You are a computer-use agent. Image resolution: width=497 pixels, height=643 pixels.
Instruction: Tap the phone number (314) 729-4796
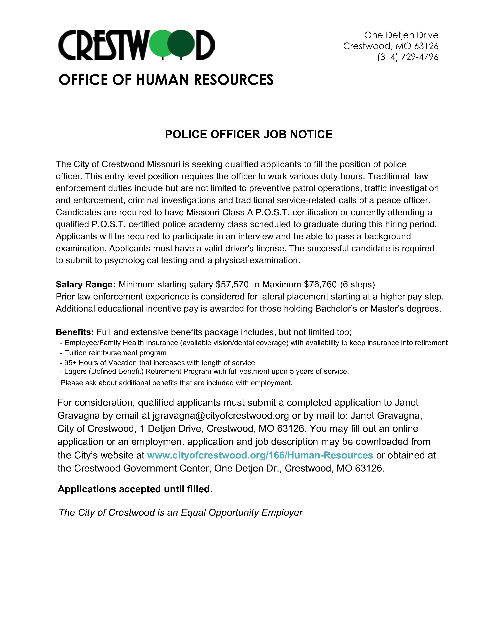[x=408, y=57]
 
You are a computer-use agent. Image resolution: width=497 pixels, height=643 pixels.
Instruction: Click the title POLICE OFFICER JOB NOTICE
[x=249, y=134]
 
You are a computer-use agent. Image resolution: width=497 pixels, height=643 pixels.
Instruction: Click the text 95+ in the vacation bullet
[x=70, y=363]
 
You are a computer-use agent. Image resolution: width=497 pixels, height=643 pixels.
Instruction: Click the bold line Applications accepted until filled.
[x=135, y=489]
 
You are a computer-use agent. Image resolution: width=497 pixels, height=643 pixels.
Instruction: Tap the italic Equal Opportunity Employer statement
[x=181, y=513]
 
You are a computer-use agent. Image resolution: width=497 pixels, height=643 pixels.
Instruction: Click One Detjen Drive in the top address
[x=401, y=35]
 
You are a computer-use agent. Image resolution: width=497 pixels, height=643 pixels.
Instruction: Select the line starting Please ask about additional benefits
[x=177, y=383]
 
